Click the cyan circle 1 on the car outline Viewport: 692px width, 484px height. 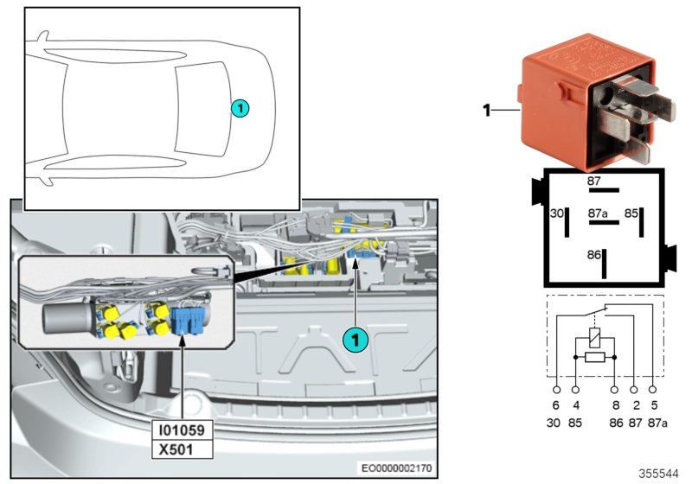(240, 107)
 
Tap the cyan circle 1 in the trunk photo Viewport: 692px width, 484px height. (353, 340)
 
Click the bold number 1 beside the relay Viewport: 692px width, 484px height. (486, 111)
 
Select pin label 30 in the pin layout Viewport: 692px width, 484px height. (557, 212)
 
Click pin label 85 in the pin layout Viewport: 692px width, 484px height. (632, 212)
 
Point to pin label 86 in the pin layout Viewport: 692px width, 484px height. (594, 256)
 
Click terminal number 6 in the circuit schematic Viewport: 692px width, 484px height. (555, 405)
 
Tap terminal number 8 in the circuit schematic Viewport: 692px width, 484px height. (615, 405)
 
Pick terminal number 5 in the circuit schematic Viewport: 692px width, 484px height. (652, 405)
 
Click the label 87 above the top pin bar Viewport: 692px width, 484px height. (593, 181)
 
